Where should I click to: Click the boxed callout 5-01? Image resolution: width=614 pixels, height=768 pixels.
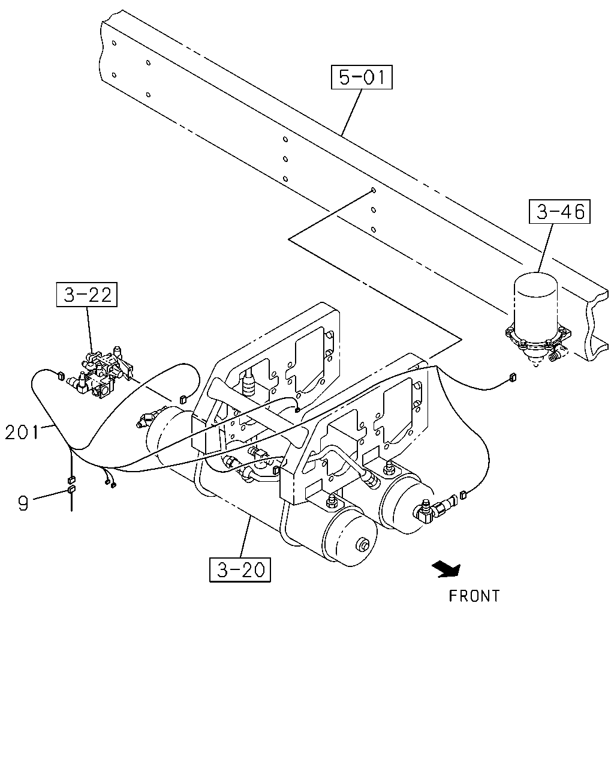coord(362,77)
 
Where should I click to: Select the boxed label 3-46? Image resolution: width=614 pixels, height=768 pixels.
coord(559,212)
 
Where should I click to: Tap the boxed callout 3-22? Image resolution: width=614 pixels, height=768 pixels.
coord(87,295)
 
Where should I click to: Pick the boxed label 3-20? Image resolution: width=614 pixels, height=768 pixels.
coord(240,570)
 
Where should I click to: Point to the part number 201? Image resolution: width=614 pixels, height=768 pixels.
coord(22,433)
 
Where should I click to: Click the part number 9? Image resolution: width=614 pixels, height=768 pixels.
coord(23,503)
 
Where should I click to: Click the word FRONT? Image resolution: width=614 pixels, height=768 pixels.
coord(474,596)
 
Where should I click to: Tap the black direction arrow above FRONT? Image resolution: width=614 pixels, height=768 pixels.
coord(447,569)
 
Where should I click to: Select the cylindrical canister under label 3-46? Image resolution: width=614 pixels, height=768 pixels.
coord(535,300)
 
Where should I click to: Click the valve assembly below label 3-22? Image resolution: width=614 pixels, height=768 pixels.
coord(102,373)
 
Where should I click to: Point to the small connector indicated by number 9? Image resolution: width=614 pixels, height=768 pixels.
coord(71,489)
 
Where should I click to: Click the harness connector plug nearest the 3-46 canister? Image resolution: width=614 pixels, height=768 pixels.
coord(513,377)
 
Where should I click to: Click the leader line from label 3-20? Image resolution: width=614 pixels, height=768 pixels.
coord(246,537)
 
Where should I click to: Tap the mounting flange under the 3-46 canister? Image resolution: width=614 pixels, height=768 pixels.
coord(538,336)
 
